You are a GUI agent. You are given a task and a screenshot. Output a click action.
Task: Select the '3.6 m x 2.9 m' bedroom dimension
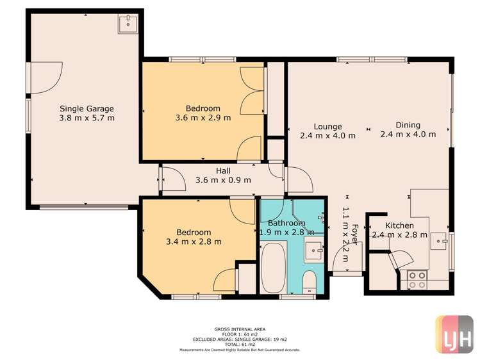(x=203, y=118)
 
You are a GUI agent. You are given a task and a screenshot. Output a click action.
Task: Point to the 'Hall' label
(x=223, y=170)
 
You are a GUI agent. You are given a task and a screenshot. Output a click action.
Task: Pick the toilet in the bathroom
(x=308, y=282)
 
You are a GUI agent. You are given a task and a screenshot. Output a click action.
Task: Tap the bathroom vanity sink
(x=313, y=250)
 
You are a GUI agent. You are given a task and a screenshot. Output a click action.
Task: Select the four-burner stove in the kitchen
(x=418, y=279)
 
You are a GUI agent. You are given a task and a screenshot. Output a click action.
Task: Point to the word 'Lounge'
(x=327, y=126)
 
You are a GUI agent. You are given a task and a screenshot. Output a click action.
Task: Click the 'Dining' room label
(x=408, y=125)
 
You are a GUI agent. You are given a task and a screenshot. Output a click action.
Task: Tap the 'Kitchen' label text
(x=399, y=226)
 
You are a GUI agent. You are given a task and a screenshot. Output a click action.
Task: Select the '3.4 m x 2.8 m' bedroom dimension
(x=194, y=241)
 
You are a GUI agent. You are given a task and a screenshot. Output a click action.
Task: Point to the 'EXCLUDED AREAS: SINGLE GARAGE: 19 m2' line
(x=240, y=339)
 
